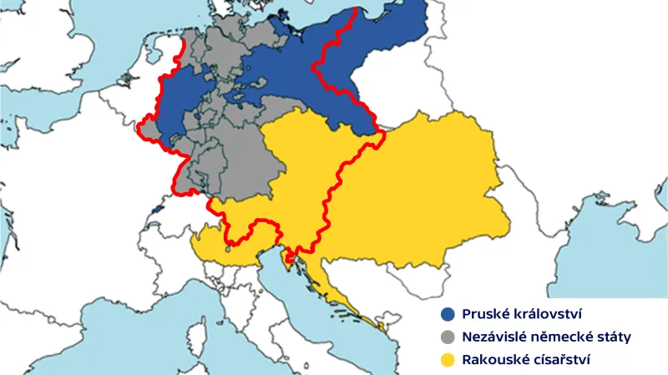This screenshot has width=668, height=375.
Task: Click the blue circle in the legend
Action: tap(448, 315)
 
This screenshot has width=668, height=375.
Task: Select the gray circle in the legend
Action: tap(448, 338)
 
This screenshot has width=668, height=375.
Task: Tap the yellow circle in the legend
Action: tap(448, 361)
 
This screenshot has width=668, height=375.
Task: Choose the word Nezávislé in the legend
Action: tap(498, 338)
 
